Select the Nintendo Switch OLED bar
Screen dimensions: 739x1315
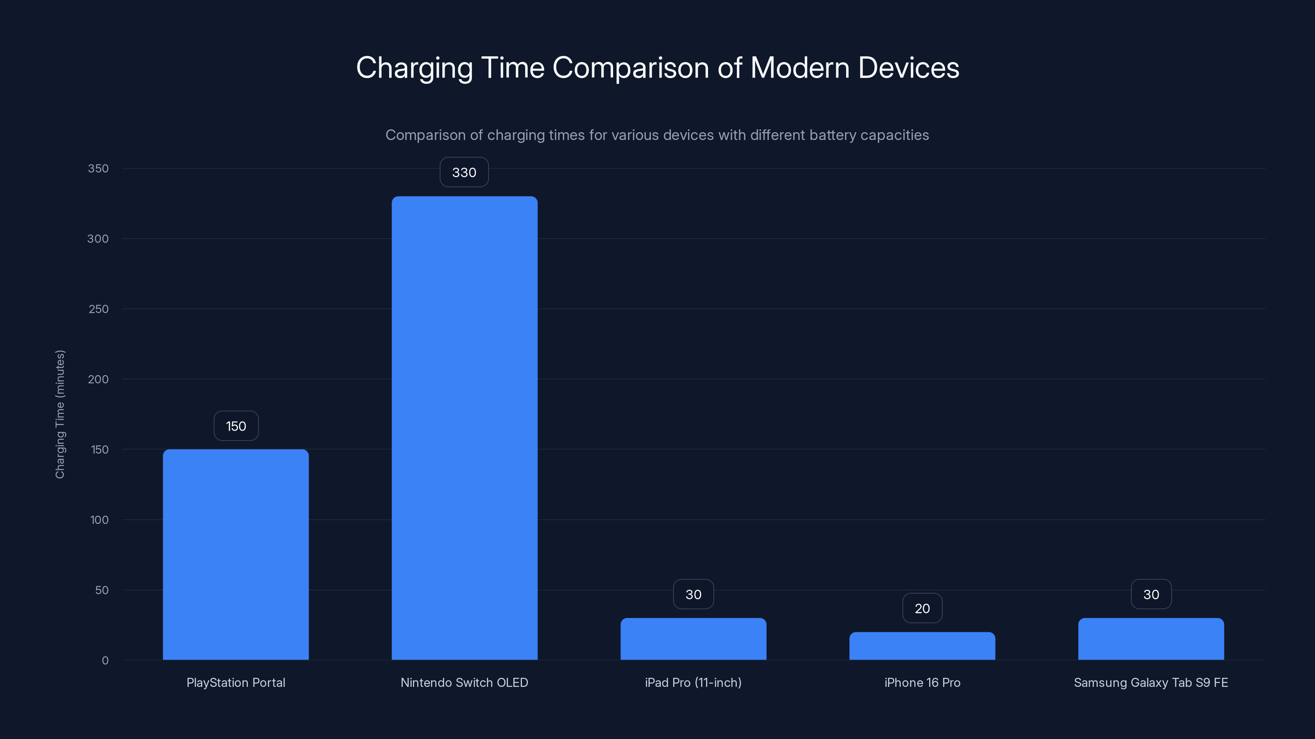pos(464,428)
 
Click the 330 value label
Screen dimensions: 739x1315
pos(464,172)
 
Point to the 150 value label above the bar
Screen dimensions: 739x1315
pos(236,426)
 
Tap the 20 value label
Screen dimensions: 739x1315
pos(922,608)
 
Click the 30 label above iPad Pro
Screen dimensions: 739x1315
pos(693,594)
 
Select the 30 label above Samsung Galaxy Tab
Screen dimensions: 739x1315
pos(1151,594)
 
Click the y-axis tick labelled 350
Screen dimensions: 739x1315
pos(98,168)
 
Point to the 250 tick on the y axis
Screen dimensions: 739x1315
pos(99,309)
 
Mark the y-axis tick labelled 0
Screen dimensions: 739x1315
pos(105,661)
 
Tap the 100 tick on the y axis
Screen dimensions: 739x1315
pos(99,520)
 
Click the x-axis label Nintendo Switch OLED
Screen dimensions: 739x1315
pos(464,682)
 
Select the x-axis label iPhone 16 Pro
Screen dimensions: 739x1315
pos(922,682)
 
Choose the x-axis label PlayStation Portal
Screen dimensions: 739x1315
pos(236,682)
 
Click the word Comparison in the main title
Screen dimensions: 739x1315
pos(630,67)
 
